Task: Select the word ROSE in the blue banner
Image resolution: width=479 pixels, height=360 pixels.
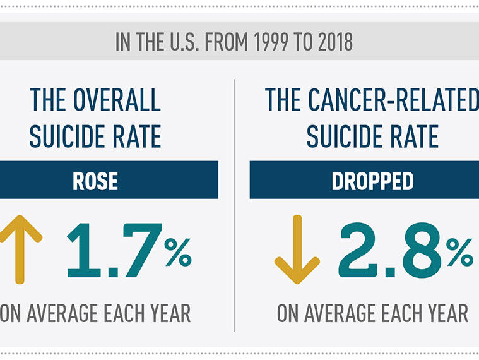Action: [95, 181]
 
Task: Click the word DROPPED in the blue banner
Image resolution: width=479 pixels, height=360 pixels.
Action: [373, 181]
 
